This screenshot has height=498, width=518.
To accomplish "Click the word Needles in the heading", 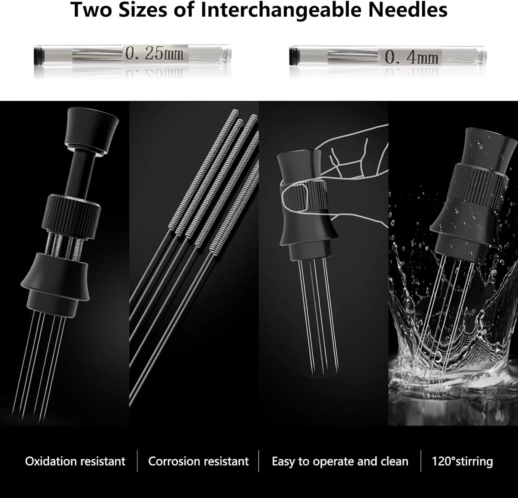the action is click(407, 10).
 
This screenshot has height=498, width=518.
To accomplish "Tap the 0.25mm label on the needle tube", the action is click(154, 54).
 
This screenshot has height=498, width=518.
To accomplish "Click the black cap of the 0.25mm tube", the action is click(37, 54).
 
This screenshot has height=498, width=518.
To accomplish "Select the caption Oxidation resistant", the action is click(75, 461).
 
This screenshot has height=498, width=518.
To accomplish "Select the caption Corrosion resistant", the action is click(198, 461).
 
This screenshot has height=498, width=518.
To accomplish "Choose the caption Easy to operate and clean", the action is click(340, 462).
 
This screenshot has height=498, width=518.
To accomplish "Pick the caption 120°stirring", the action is click(462, 462).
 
